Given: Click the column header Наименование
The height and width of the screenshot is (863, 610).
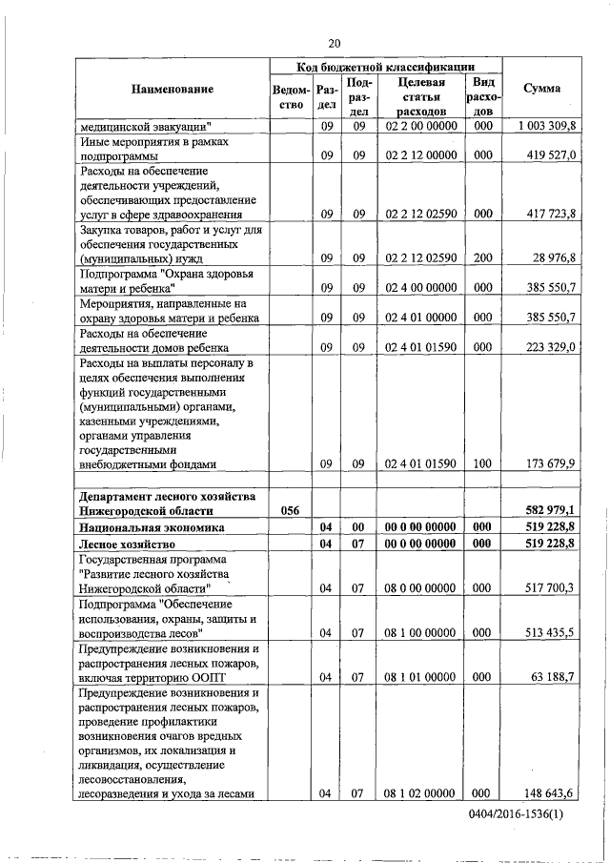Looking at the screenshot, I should point(173,89).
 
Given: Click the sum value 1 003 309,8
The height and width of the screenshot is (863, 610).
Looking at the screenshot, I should point(546,126).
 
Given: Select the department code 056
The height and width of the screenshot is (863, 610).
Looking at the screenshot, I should point(292,511).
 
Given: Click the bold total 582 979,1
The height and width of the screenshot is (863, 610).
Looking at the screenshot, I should point(550,511).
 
